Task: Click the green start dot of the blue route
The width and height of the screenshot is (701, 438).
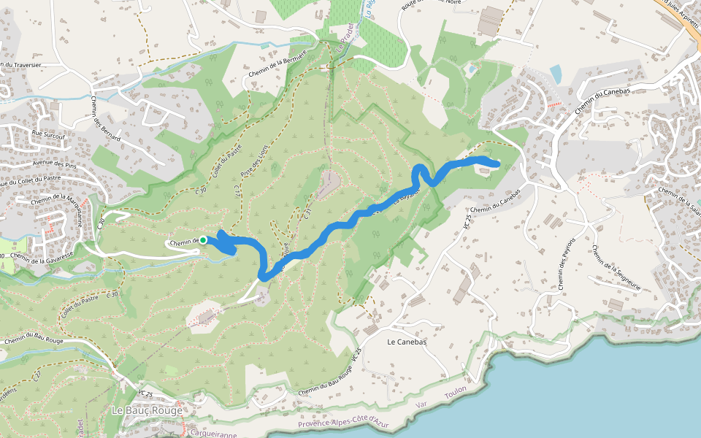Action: click(x=203, y=240)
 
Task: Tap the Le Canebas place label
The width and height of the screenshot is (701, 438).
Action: click(x=402, y=341)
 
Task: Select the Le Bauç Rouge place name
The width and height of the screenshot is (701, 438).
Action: click(x=146, y=410)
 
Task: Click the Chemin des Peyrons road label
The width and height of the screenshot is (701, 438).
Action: click(x=567, y=264)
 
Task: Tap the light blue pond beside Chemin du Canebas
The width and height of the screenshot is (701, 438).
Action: click(x=556, y=74)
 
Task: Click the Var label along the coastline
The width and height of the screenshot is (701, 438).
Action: click(x=420, y=403)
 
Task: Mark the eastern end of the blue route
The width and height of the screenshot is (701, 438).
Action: click(x=497, y=164)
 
